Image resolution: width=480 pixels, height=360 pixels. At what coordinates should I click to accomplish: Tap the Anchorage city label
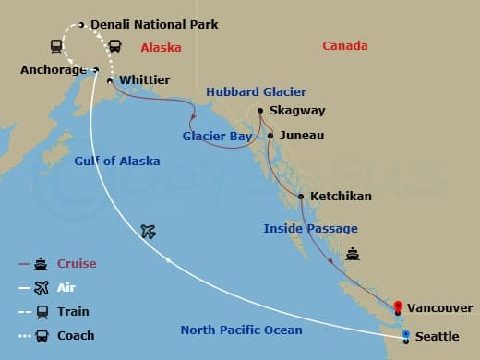[54, 69]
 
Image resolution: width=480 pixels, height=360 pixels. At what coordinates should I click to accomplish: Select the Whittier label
[145, 81]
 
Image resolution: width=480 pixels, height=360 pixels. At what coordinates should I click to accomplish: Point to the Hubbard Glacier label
[256, 92]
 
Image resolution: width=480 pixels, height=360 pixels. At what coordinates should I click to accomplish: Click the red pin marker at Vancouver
[397, 306]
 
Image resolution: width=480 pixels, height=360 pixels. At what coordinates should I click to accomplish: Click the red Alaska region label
[161, 47]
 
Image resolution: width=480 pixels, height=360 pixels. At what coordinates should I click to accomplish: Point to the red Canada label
[344, 46]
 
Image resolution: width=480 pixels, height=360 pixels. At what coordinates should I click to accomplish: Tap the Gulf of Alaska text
[117, 162]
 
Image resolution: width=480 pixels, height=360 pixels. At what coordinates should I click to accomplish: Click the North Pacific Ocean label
[240, 330]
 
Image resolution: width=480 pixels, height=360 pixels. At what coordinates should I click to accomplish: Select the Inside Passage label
[310, 228]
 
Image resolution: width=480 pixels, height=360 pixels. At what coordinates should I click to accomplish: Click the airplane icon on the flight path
[149, 231]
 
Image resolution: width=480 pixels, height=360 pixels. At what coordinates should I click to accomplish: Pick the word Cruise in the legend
[77, 264]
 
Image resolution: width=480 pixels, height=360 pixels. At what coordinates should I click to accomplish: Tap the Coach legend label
[75, 336]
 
